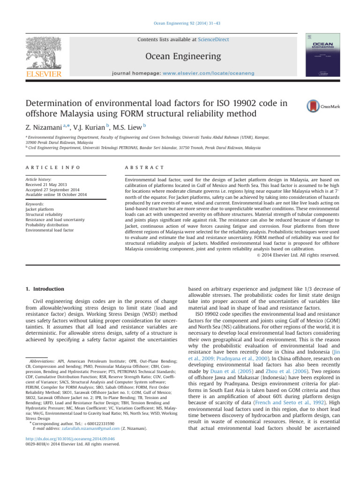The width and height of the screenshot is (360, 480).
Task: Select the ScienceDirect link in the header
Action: coord(214,40)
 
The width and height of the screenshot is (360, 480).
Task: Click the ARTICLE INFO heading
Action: coord(47,167)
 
